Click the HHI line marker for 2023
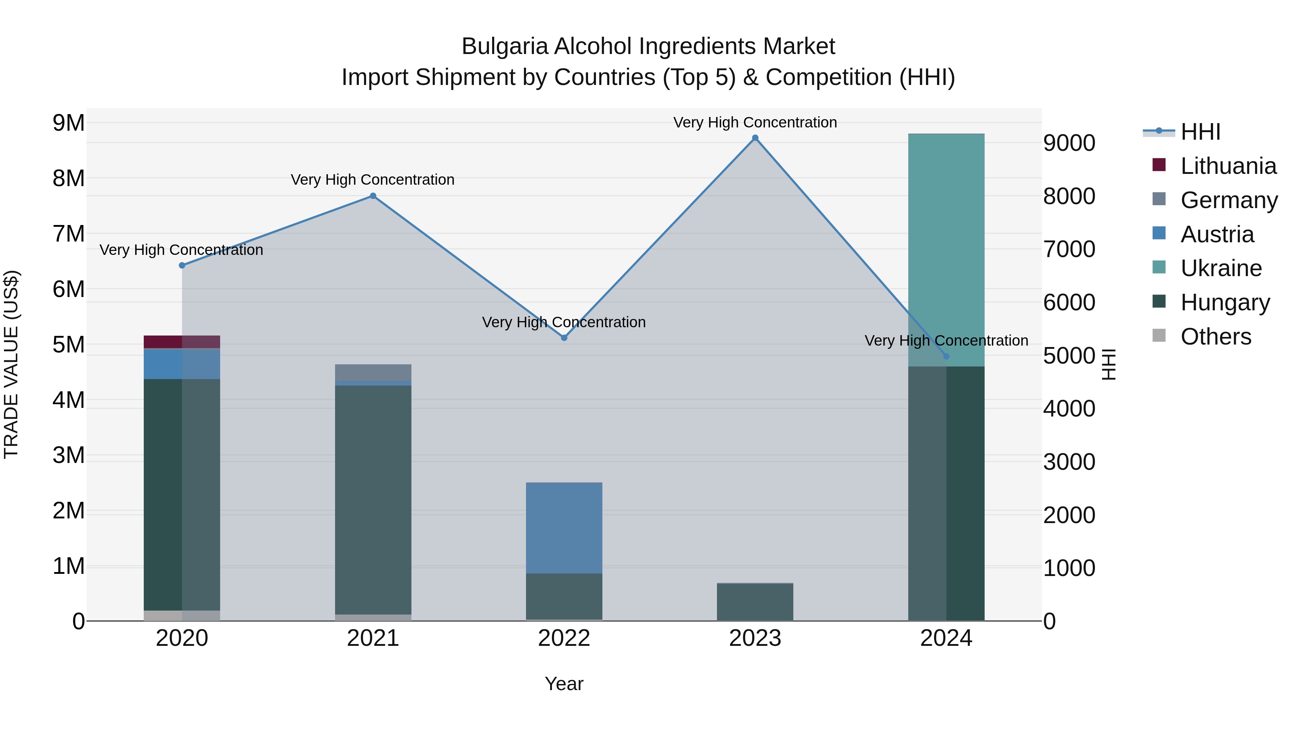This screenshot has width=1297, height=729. pos(755,138)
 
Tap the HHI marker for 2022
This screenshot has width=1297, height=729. pos(564,338)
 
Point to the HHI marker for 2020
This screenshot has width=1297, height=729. pos(182,265)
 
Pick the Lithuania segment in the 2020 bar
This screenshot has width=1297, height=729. pos(182,342)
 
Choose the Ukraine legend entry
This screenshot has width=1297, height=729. pos(1221,268)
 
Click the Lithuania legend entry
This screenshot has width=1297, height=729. pos(1228,166)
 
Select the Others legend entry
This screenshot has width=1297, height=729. pos(1216,337)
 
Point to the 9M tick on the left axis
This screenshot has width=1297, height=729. pos(68,123)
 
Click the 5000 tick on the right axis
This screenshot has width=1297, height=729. pos(1069,356)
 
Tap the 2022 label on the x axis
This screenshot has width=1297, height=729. pos(564,638)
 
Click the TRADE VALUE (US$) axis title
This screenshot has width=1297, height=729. pos(11,364)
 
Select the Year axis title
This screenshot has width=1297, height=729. pos(564,684)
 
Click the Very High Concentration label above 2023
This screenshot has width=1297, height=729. pos(755,122)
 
